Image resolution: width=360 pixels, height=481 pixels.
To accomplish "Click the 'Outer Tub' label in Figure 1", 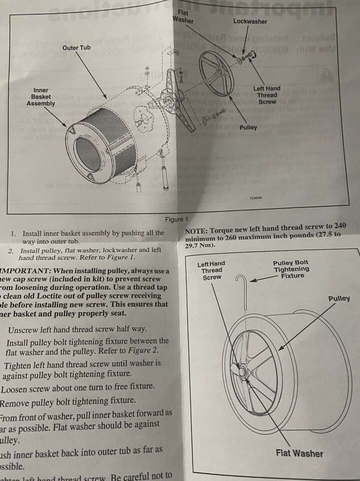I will coord(76,48).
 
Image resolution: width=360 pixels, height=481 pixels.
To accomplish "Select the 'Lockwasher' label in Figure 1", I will coord(250,22).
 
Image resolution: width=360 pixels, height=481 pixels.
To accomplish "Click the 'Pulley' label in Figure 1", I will coord(248,127).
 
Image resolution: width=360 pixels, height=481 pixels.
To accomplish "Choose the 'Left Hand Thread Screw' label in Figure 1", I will coord(266,95).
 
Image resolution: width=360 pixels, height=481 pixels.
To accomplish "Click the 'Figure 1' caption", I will coord(177,219).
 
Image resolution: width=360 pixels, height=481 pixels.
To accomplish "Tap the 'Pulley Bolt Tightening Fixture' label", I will coord(291,269).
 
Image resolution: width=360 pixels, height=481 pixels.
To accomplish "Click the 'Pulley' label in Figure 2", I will coord(339,299).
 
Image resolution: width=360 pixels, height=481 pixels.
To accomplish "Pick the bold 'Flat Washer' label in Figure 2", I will coord(299,453).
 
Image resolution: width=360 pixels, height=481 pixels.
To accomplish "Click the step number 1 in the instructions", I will coord(14,233).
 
